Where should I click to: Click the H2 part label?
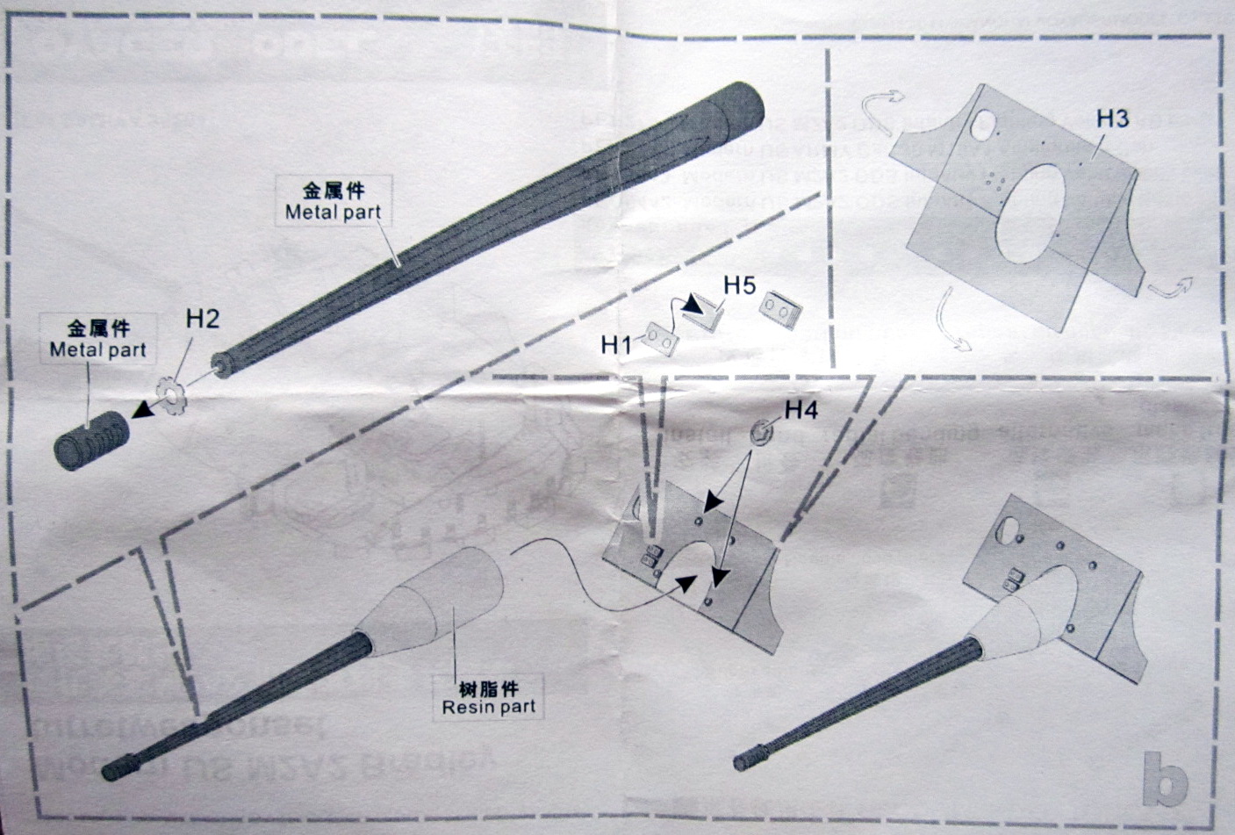click(203, 320)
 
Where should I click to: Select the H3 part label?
click(1111, 119)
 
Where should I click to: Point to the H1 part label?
click(617, 346)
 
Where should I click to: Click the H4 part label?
click(801, 409)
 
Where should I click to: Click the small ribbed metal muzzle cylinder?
click(92, 440)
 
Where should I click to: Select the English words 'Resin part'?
click(489, 705)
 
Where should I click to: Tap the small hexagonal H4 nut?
click(760, 431)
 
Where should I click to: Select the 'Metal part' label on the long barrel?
click(334, 212)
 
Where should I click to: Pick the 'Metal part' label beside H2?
click(98, 349)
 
